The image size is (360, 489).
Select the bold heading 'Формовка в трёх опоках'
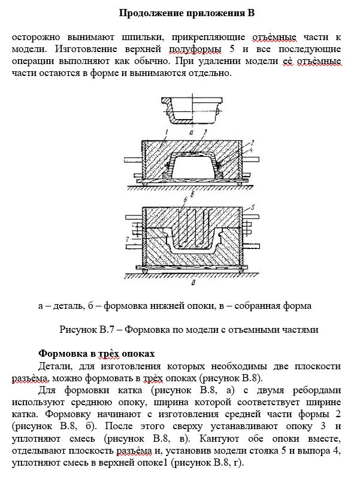[96, 353]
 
